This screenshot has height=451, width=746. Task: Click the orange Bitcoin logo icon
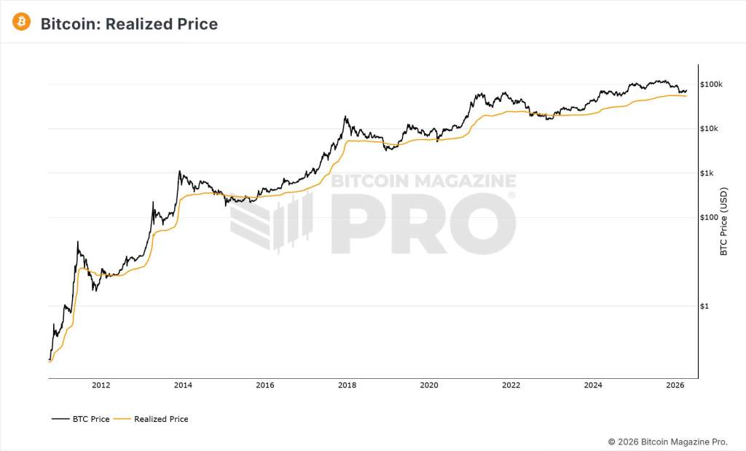pos(22,23)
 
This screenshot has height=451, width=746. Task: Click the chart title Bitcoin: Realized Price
pos(129,24)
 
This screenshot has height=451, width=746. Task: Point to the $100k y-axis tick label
pos(711,85)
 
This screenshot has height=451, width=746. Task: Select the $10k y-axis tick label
pos(710,129)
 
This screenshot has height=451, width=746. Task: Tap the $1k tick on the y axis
pos(707,173)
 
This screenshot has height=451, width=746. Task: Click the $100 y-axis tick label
pos(708,217)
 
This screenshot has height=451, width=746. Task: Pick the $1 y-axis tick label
pos(704,306)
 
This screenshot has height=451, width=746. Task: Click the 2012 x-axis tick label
pos(101,385)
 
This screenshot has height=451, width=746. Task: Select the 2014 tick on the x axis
pos(183,385)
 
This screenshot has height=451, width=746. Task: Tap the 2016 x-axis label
pos(265,385)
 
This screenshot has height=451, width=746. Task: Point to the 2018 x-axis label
pos(348,385)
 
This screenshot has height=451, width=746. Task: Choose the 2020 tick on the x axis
pos(429,385)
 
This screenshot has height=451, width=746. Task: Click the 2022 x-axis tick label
pos(511,385)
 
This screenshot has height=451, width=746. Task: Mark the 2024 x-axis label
pos(593,385)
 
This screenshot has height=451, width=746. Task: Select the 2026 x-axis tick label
pos(675,385)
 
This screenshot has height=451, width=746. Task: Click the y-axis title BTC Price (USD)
pos(723,222)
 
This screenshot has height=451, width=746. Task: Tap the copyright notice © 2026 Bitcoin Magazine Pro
pos(667,442)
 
